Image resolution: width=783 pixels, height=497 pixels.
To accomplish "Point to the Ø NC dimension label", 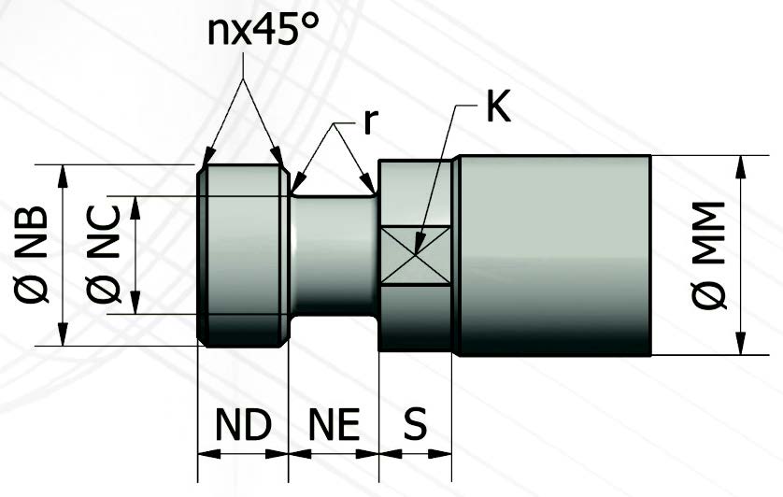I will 104,255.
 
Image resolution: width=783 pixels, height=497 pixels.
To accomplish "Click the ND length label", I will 243,425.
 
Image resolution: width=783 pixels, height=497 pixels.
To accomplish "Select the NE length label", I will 334,425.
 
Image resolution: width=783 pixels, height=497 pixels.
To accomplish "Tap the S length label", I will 415,425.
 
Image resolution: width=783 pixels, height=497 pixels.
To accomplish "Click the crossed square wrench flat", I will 416,254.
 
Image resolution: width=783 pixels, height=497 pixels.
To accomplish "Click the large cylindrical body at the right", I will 556,254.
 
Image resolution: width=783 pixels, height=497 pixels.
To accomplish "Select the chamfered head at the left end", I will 243,254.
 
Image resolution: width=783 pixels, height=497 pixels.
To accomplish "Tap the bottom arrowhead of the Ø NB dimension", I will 64,337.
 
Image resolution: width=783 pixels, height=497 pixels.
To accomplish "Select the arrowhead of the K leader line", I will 417,250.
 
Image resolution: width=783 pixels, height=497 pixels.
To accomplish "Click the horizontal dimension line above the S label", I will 416,455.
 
